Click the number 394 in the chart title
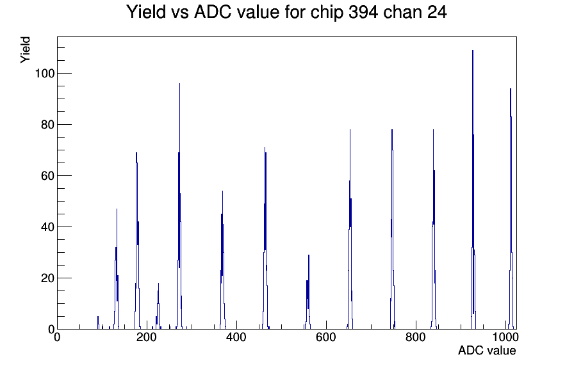pos(363,12)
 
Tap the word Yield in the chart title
pos(147,12)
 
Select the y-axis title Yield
pos(25,50)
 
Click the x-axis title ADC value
pos(487,350)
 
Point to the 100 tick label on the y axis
pos(45,74)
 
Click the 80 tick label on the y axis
pos(47,125)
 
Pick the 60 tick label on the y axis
pos(47,176)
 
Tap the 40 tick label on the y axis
pos(47,227)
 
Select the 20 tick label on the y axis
pos(47,278)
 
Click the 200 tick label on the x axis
pos(147,337)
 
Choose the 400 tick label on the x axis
pos(236,337)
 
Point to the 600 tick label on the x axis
pos(326,337)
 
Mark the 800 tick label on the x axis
pos(416,337)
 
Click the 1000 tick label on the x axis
pos(505,337)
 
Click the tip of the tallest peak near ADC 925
pos(473,51)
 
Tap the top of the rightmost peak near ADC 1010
pos(511,89)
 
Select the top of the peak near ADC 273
pos(179,84)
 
